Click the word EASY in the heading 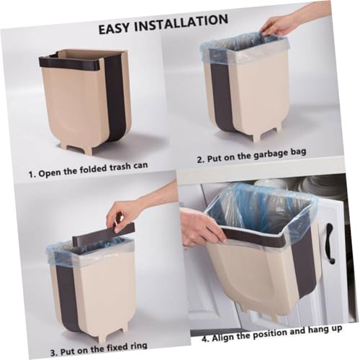(114, 27)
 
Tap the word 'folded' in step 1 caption (93, 169)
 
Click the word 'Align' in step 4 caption (222, 338)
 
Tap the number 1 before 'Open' (30, 174)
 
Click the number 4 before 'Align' (204, 339)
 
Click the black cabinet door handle (330, 243)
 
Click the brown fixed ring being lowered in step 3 (103, 233)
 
